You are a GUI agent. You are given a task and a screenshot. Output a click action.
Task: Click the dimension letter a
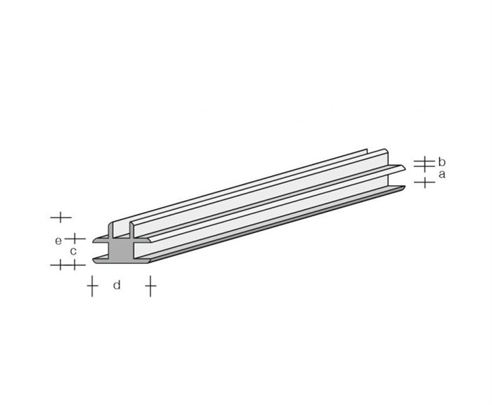coord(442,173)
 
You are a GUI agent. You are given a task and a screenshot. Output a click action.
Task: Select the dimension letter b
coord(442,162)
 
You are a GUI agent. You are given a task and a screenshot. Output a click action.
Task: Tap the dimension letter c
coord(72,251)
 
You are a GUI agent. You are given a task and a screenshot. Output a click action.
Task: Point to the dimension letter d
coord(117,286)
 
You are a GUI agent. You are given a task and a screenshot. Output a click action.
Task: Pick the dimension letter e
coord(58,241)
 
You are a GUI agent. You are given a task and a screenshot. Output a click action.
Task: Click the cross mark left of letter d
coord(91,286)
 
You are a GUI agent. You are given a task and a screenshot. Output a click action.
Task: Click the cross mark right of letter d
coord(150,286)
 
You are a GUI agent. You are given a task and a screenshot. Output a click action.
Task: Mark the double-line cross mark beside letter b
coord(422,164)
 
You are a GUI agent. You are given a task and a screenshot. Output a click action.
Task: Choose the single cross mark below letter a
coord(425,183)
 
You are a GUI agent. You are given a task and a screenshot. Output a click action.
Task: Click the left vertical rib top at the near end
coord(112,225)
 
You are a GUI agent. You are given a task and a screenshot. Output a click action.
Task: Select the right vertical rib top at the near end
coord(132,225)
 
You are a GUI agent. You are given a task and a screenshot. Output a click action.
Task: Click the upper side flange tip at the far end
coord(403,168)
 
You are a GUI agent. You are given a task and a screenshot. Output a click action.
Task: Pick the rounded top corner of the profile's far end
coord(386,150)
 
